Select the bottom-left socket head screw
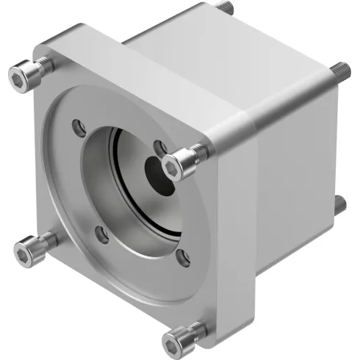click(33, 247)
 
